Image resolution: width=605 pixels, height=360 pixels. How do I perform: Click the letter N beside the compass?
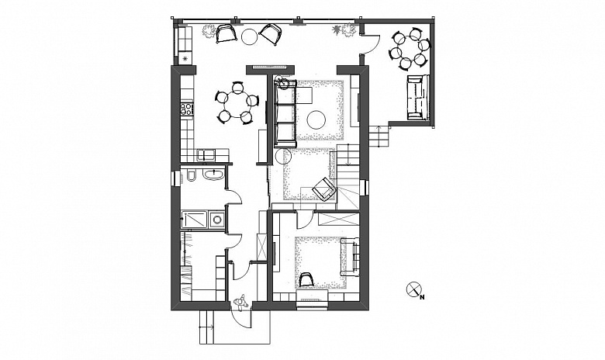coord(423,297)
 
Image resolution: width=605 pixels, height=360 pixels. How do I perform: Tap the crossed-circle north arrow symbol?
coord(413,289)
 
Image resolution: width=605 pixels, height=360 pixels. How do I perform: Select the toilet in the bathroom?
coord(191,175)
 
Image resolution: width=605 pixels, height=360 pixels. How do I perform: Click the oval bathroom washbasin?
coord(213,175)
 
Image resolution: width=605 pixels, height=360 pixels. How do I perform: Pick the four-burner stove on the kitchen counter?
coord(186,108)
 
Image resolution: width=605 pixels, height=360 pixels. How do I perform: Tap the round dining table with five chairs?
coord(235,102)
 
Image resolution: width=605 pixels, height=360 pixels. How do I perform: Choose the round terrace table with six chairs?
coord(410,48)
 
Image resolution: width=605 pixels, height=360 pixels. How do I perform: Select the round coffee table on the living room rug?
coord(317,119)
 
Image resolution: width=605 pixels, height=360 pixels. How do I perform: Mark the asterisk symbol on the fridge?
coord(185,59)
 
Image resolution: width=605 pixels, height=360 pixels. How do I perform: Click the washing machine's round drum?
coord(218,220)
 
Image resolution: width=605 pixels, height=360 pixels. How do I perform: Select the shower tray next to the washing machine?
coord(194,220)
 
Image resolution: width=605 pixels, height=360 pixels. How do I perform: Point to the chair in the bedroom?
coord(306,279)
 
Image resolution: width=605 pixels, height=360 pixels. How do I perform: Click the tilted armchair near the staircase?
coord(324,189)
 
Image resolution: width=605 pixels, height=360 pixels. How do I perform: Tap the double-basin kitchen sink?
coord(207,155)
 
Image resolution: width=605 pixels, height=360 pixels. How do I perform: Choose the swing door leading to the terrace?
coord(371,43)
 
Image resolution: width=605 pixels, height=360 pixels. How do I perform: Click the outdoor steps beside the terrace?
coord(378,137)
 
